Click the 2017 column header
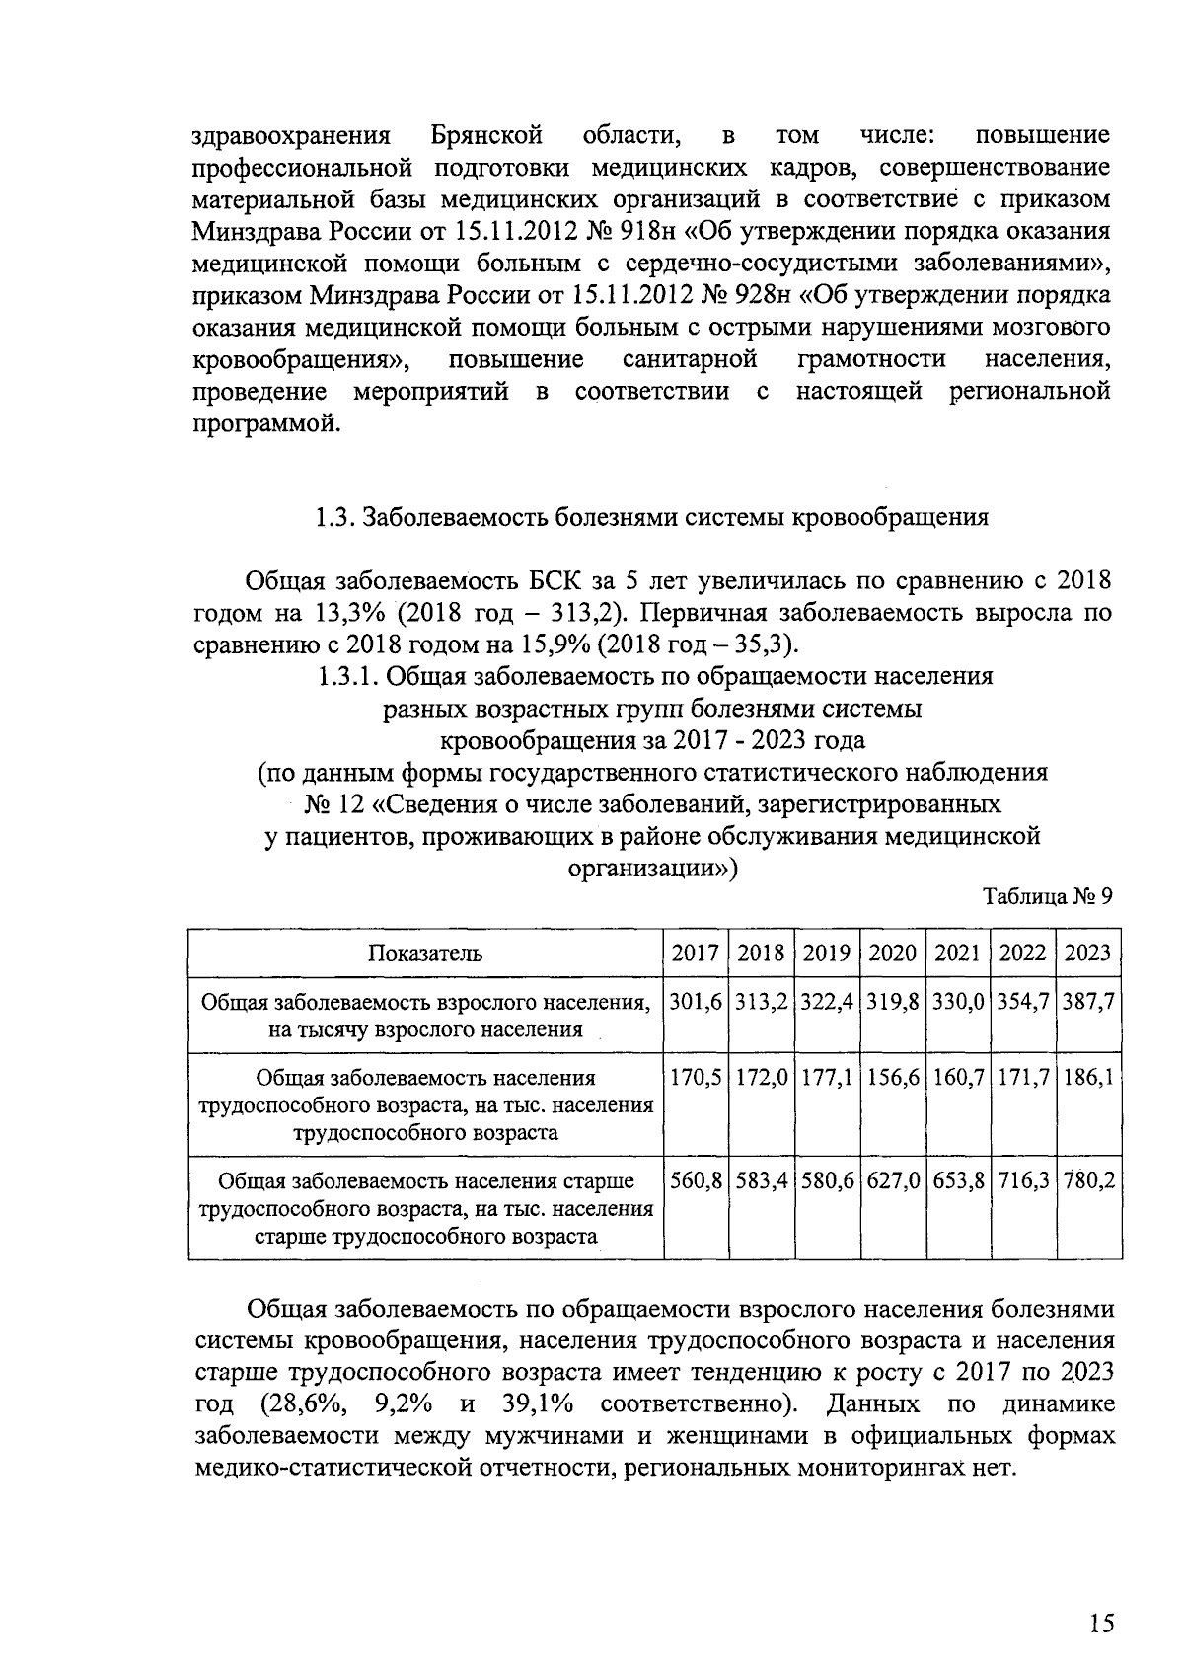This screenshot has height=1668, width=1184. [x=696, y=952]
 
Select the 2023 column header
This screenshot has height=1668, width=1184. [x=1088, y=952]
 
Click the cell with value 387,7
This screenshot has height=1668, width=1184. [x=1089, y=1002]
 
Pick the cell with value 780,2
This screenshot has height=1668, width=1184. [x=1089, y=1180]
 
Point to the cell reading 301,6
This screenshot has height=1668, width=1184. [x=696, y=1002]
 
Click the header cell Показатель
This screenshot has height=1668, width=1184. [x=425, y=952]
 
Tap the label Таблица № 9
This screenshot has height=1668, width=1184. [x=1048, y=897]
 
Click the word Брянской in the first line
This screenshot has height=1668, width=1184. [x=488, y=134]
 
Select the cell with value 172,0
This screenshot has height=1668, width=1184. [x=762, y=1078]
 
